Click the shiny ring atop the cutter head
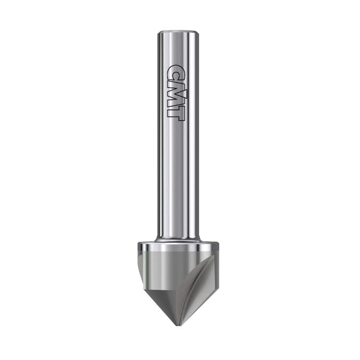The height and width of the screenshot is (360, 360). [178, 248]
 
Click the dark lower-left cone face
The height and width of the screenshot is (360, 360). [160, 300]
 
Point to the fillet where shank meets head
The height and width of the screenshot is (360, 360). [178, 239]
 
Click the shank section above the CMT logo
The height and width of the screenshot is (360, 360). [178, 48]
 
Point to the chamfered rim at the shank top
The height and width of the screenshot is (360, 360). [178, 34]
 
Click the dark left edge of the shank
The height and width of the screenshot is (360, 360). [159, 134]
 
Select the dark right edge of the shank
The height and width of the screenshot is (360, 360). [197, 134]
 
